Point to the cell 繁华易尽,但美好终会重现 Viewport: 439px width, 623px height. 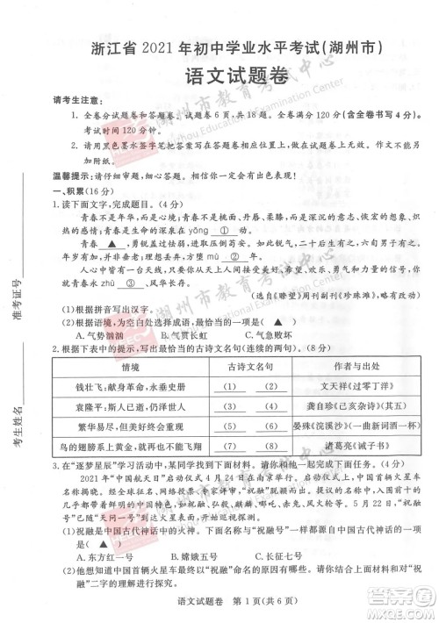117,425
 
